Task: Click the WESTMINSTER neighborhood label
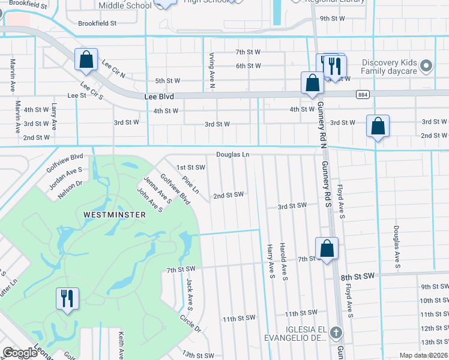tap(114, 214)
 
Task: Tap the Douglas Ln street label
tap(232, 155)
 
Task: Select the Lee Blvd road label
tap(158, 96)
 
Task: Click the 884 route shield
tap(362, 95)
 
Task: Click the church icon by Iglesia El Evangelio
tap(337, 332)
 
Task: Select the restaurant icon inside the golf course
tap(66, 298)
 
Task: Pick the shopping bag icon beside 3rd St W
tap(378, 126)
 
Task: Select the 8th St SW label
tap(357, 276)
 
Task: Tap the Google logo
tap(20, 353)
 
